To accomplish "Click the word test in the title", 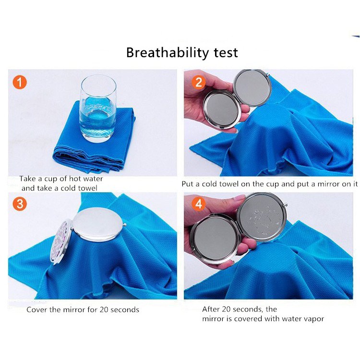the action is coord(226,53).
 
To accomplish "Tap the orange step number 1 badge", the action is coord(20,82).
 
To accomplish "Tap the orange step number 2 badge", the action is coord(198,82).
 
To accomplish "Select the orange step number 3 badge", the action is coord(20,204).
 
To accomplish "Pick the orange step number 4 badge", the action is coord(198,204).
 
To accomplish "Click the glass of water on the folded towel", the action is coord(98,108).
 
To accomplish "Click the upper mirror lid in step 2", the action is coord(252,88).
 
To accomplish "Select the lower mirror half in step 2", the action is coord(222,109).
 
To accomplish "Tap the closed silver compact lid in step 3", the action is coord(98,224).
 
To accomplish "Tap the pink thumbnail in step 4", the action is coord(239,198).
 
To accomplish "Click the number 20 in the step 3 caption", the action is coord(104,310).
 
